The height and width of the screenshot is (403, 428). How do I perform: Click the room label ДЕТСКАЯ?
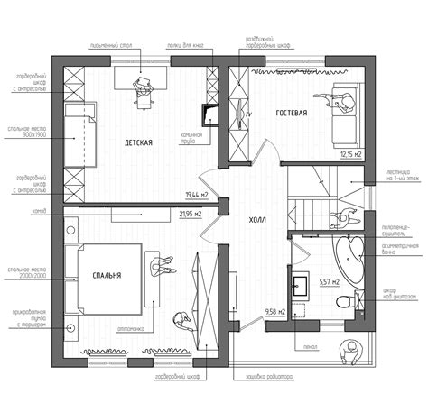point(137,142)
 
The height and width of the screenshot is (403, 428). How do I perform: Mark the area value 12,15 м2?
point(350,154)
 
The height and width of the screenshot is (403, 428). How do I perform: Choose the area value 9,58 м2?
point(275,312)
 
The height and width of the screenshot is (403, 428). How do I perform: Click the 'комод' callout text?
point(39,211)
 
